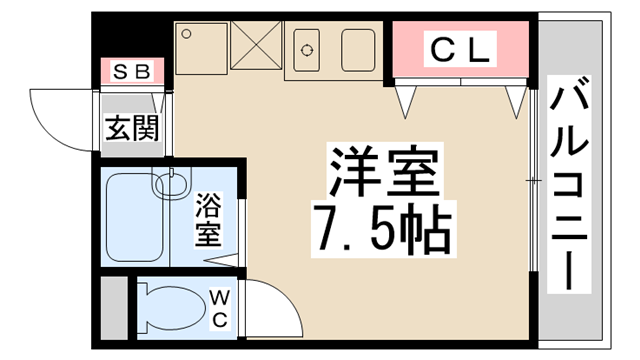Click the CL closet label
click(x=460, y=48)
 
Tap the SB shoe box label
click(x=131, y=71)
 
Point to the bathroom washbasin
click(x=172, y=183)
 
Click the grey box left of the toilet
click(x=114, y=304)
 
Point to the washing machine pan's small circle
click(x=185, y=33)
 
